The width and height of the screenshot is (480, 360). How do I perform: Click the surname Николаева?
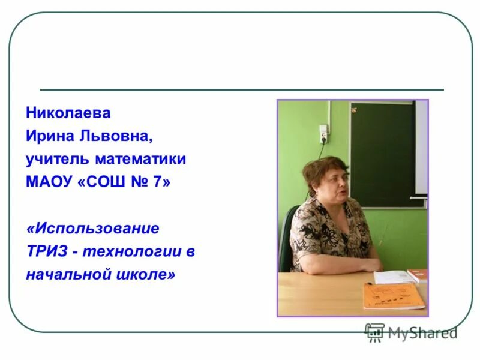[x=68, y=113]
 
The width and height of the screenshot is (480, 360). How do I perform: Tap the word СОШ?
[x=103, y=182]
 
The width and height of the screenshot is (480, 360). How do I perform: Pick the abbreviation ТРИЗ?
[x=47, y=251]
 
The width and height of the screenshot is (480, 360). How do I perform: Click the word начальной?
[x=65, y=274]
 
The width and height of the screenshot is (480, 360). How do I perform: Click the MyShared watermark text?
[x=422, y=332]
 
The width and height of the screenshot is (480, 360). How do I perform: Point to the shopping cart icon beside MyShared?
[x=374, y=332]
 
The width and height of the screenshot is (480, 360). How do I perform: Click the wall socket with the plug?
[x=323, y=133]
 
